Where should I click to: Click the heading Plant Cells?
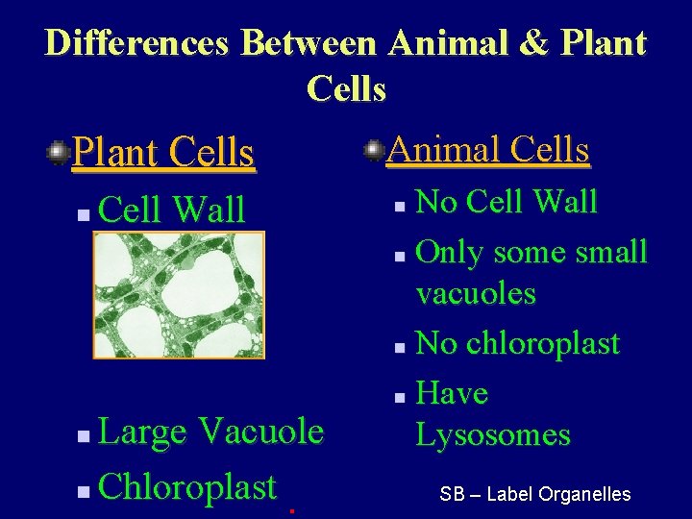163,152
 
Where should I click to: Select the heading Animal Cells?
488,150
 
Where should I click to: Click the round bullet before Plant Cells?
59,152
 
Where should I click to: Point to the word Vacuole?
260,432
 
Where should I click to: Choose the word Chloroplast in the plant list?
187,486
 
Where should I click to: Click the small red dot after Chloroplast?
291,511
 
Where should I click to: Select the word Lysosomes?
493,434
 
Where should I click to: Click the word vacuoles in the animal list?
476,293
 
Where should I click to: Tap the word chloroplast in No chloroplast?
543,343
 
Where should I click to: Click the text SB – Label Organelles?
534,495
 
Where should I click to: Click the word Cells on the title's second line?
346,88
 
